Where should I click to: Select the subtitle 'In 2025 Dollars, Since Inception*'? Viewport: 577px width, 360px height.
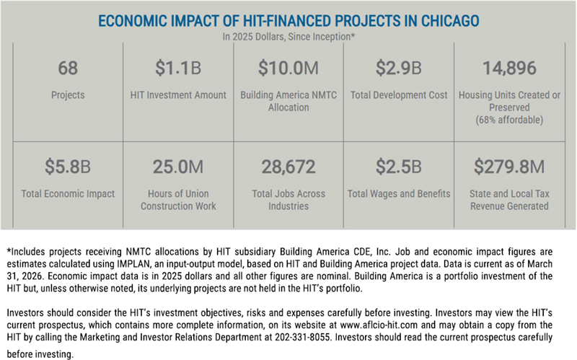(288, 37)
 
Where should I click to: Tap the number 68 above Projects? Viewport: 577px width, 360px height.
(68, 68)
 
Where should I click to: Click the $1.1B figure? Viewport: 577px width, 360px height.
(178, 68)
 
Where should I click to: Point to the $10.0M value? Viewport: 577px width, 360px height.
(288, 68)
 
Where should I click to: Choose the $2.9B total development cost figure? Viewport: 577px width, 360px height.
(399, 68)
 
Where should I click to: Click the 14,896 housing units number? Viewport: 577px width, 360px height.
(509, 69)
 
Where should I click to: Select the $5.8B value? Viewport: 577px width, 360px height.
(68, 167)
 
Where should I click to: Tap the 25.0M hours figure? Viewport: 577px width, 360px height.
(178, 167)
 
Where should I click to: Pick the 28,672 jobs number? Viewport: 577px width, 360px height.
(288, 167)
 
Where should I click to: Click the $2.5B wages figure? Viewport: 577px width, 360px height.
(399, 167)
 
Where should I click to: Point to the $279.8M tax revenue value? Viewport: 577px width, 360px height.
(509, 167)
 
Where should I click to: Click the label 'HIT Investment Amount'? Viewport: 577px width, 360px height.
(178, 95)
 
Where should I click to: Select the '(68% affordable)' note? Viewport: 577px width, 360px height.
(509, 120)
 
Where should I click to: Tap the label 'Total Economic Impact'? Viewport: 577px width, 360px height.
(68, 193)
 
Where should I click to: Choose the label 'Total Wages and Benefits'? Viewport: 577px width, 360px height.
(399, 193)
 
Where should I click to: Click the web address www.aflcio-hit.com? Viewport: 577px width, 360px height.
(379, 325)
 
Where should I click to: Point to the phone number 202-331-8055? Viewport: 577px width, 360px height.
(302, 337)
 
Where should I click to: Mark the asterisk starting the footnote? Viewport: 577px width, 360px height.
(9, 250)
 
